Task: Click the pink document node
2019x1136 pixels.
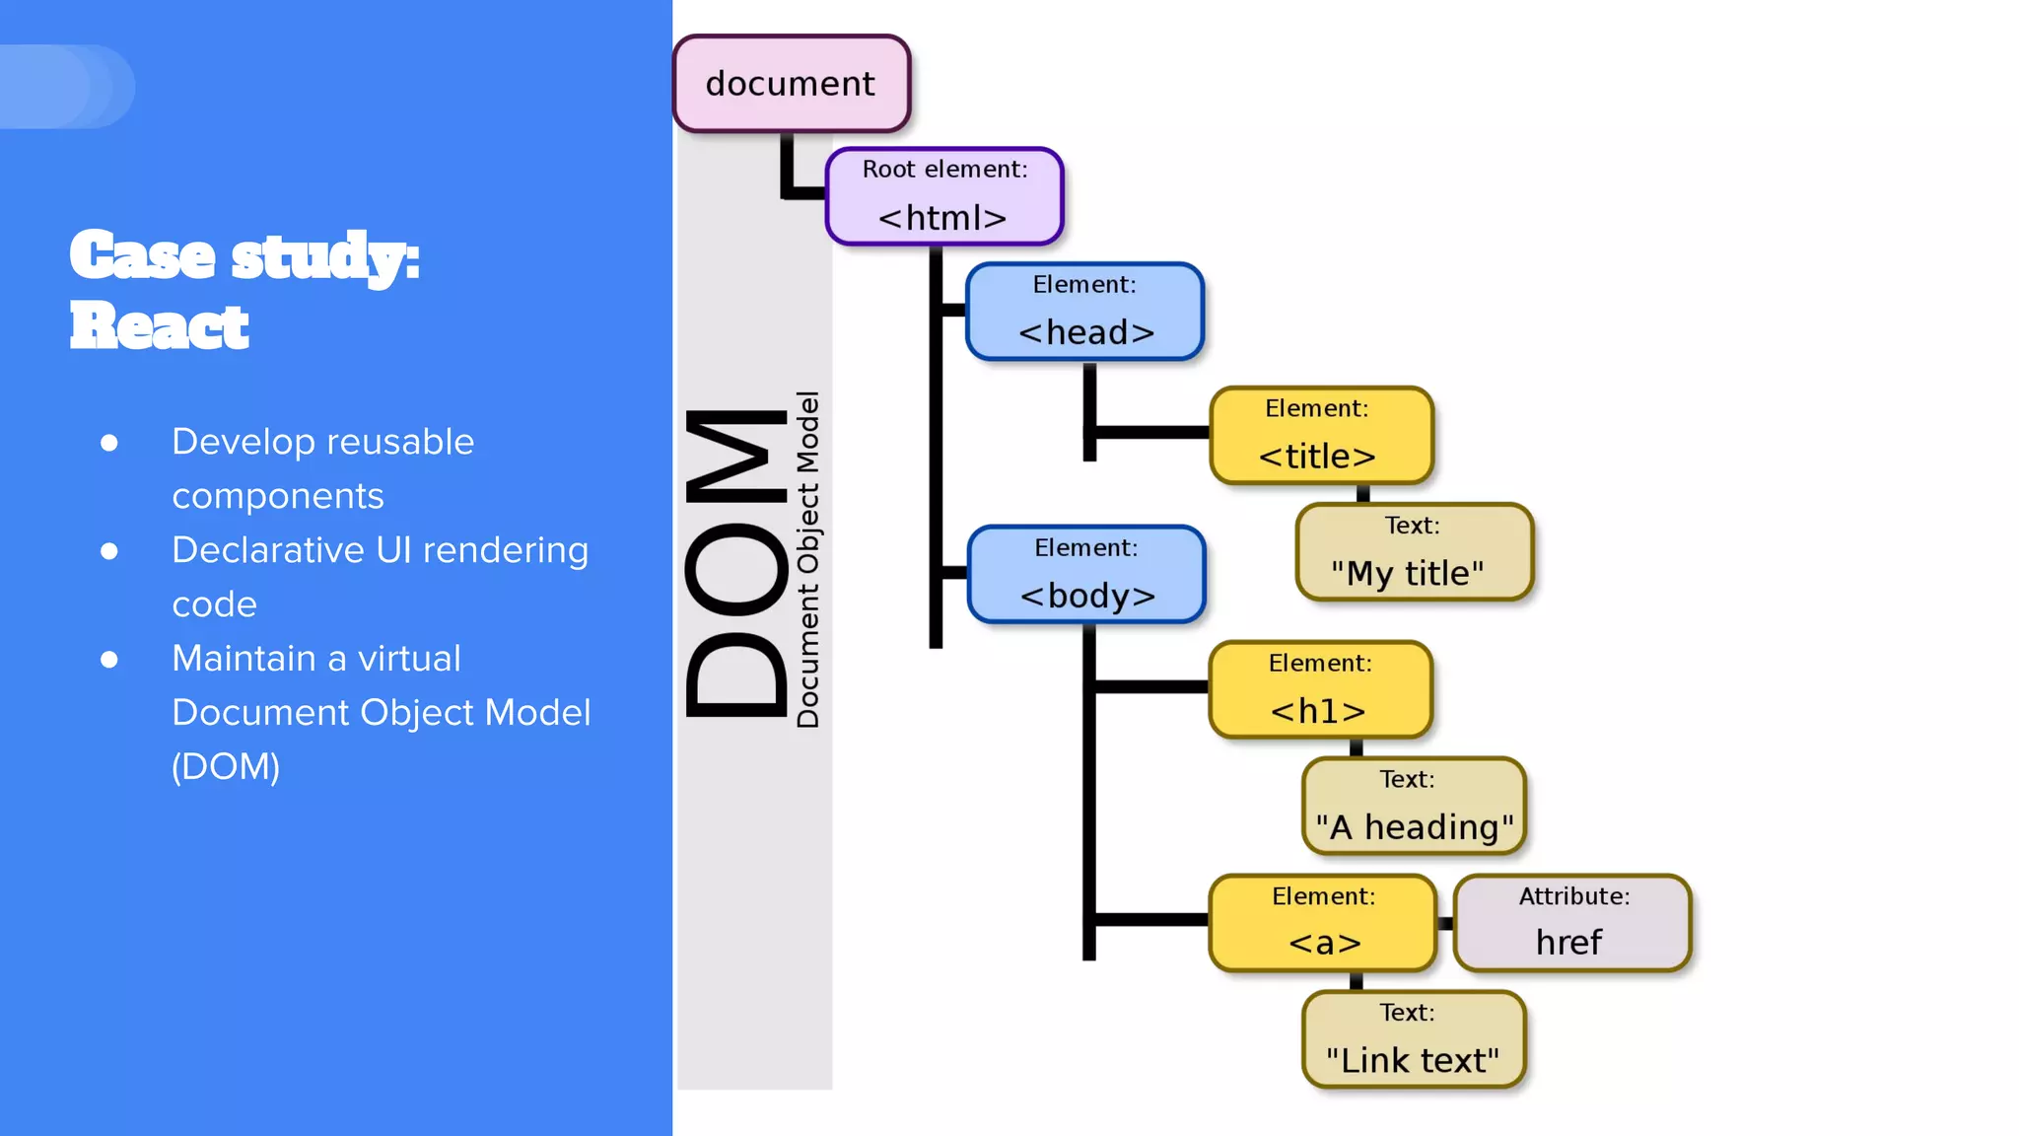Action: coord(791,84)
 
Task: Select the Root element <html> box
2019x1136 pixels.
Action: coord(943,196)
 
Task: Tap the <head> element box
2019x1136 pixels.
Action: coord(1084,312)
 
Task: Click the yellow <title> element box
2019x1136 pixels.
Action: coord(1320,435)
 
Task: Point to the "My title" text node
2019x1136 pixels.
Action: coord(1414,552)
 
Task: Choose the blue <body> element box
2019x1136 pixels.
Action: coord(1086,575)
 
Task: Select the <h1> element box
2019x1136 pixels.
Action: coord(1319,689)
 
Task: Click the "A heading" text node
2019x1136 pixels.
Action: coord(1414,806)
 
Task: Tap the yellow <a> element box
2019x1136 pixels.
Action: coord(1322,923)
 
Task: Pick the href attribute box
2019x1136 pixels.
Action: coord(1571,923)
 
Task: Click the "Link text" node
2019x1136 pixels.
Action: coord(1414,1039)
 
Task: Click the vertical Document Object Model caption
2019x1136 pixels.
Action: coord(808,560)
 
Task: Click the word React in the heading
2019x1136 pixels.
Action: coord(160,326)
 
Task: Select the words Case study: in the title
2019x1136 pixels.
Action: coord(244,256)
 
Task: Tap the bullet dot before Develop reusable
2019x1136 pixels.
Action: coord(109,443)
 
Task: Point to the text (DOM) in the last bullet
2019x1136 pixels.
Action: coord(226,767)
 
